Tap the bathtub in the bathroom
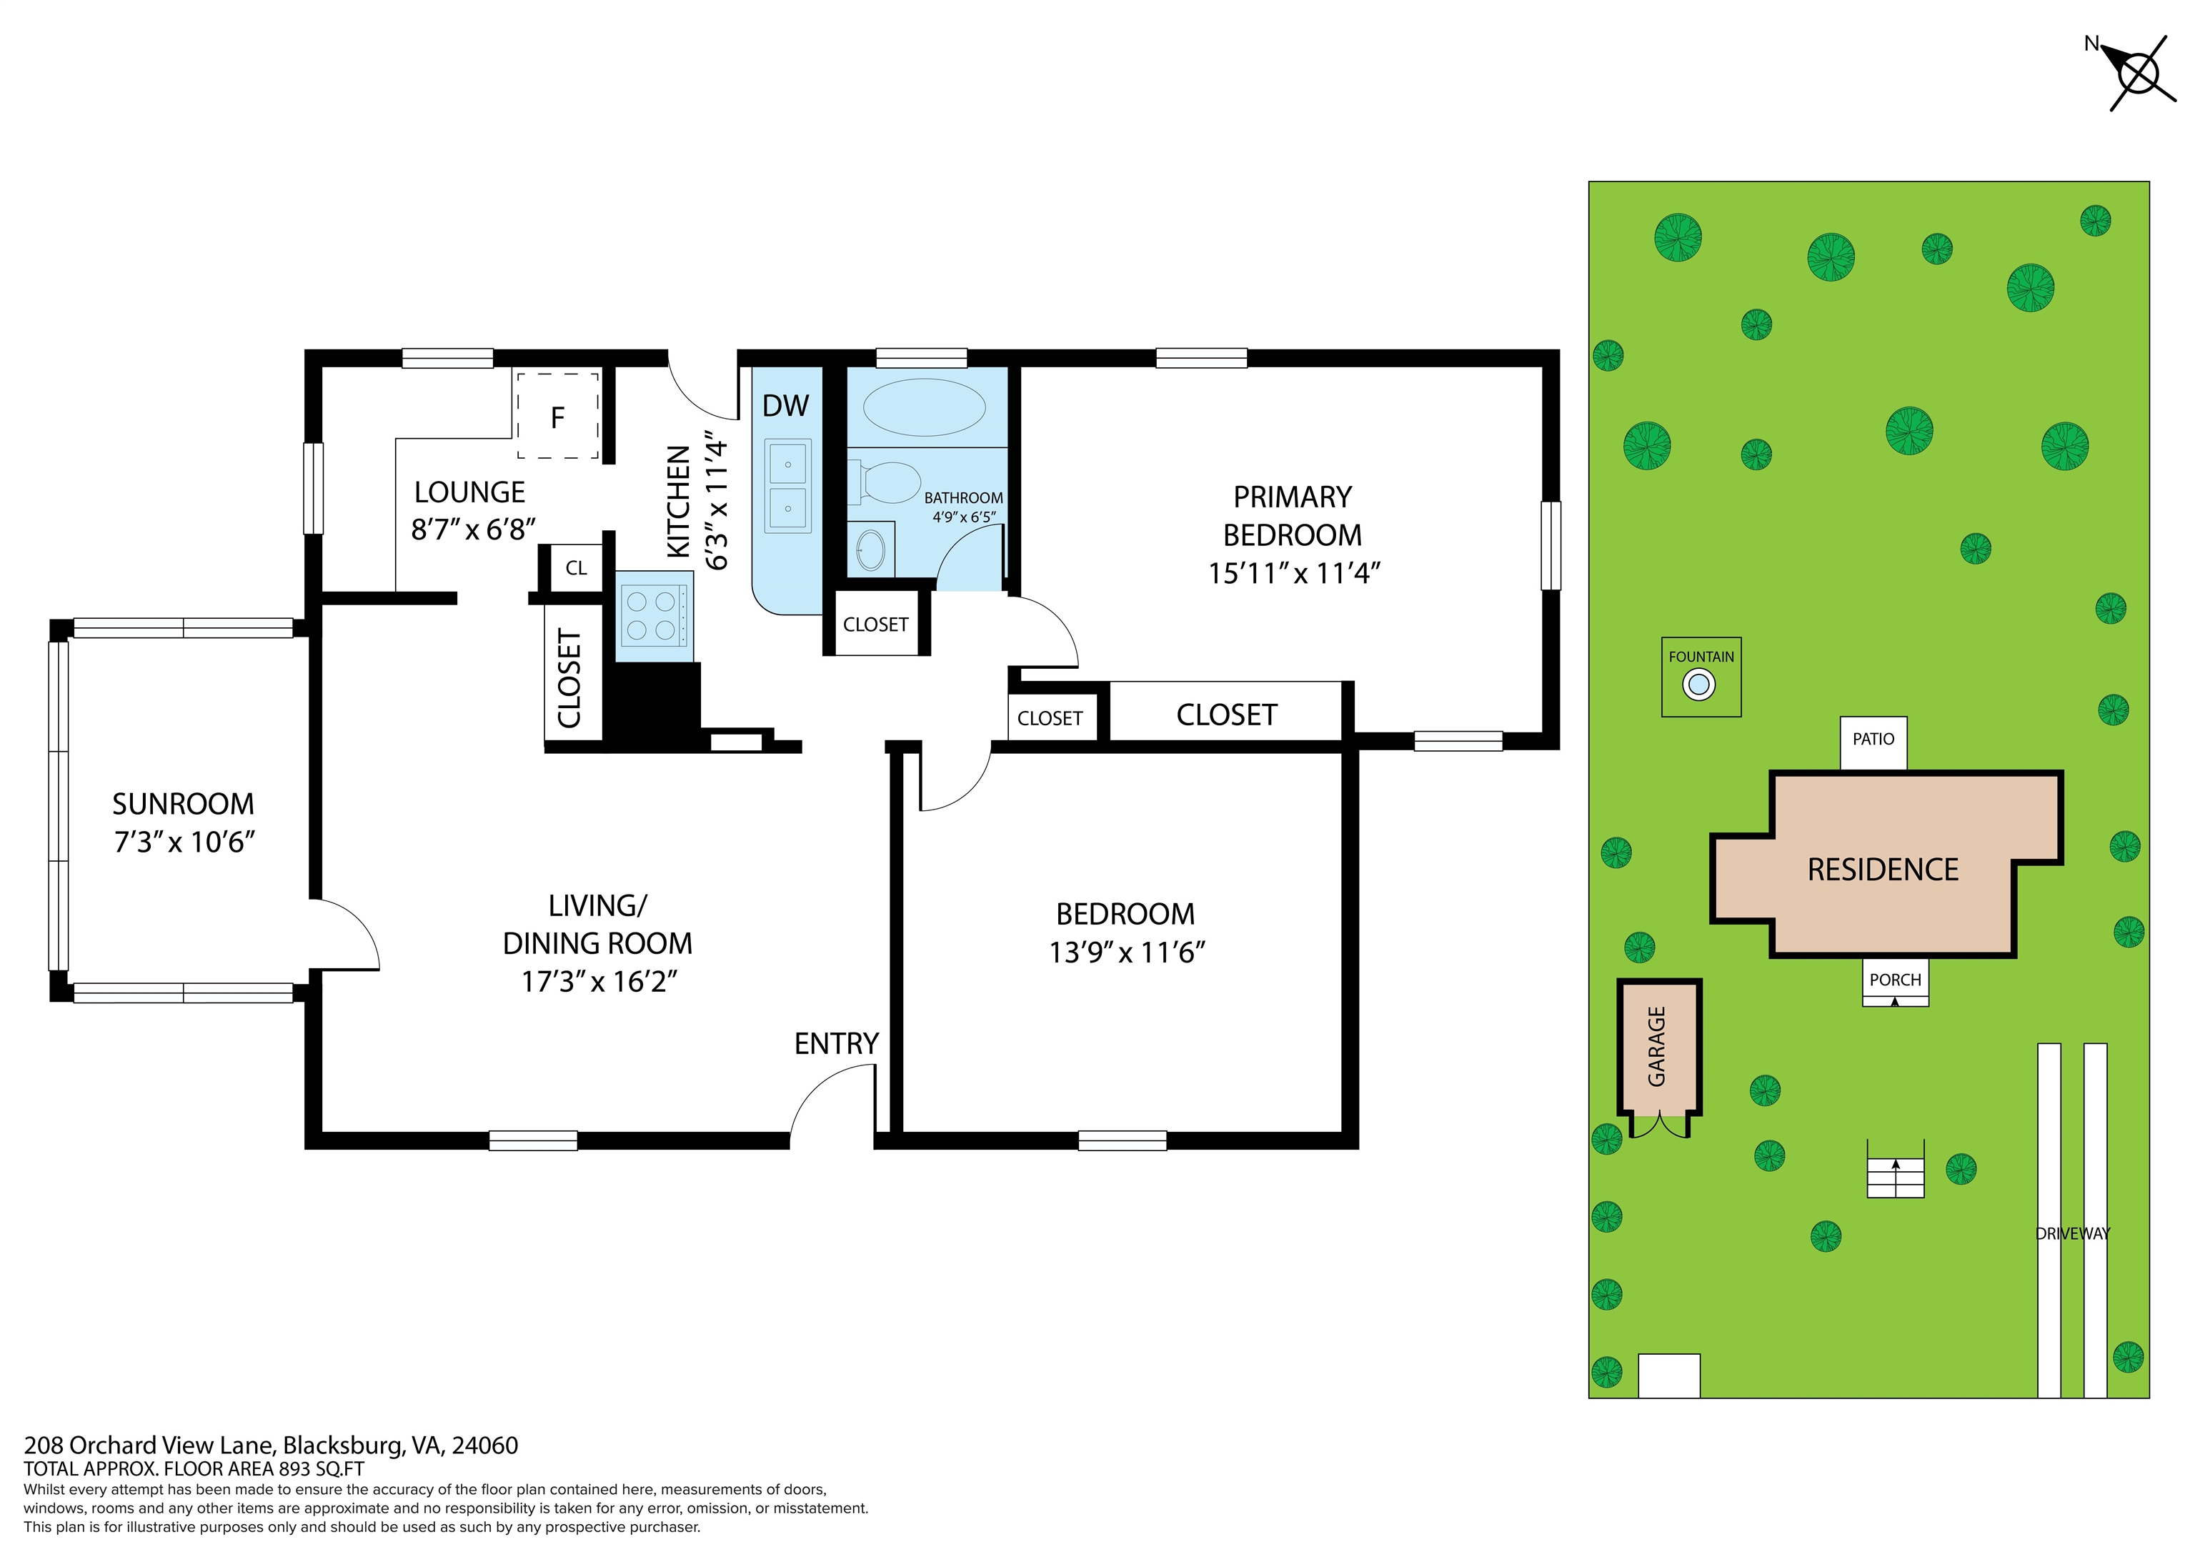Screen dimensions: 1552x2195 coord(923,407)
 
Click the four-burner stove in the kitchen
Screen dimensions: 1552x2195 coord(653,616)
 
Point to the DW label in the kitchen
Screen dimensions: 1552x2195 coord(785,405)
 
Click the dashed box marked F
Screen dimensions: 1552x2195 coord(558,417)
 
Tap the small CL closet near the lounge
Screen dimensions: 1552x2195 coord(575,568)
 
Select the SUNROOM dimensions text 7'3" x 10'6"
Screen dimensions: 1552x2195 coord(184,842)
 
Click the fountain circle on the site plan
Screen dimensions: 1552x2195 coord(1699,685)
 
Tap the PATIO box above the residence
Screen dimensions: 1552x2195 coord(1873,742)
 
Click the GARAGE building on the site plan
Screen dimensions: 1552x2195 coord(1658,1046)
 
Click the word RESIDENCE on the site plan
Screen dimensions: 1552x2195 coord(1882,869)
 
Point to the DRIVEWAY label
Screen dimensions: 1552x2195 coord(2071,1233)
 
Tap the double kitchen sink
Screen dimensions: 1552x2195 coord(787,486)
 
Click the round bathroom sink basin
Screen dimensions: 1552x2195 coord(871,550)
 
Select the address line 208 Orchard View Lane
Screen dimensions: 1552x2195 coord(271,1445)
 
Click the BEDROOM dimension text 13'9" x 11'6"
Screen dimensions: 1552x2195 coord(1126,952)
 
